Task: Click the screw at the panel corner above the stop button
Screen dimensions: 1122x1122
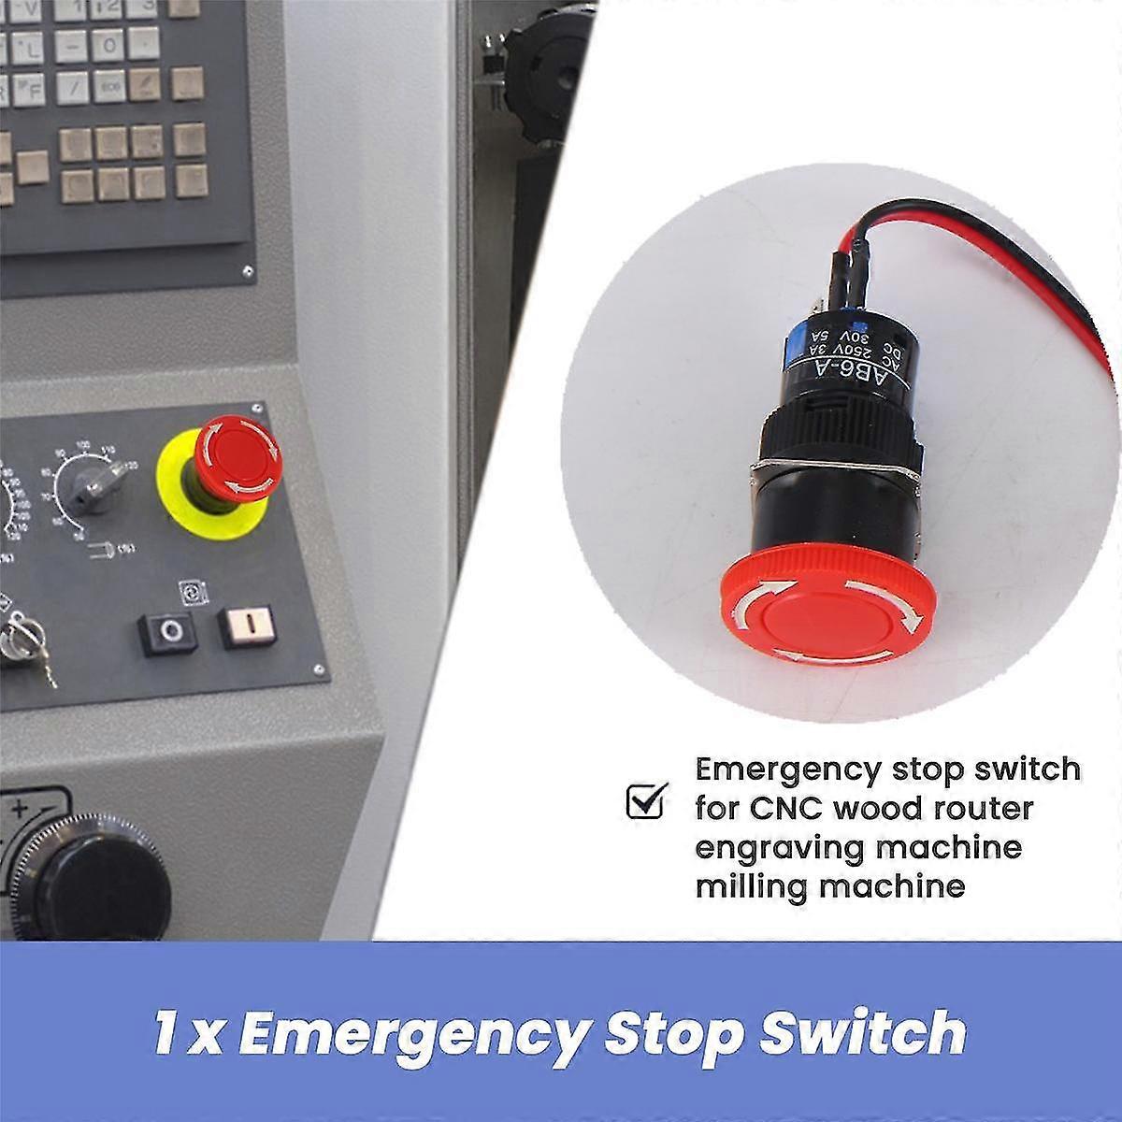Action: point(254,409)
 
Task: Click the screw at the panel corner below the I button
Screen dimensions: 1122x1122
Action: point(319,669)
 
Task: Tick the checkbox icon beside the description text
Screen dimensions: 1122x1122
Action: point(644,801)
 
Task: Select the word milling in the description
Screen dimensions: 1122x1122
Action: point(754,885)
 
